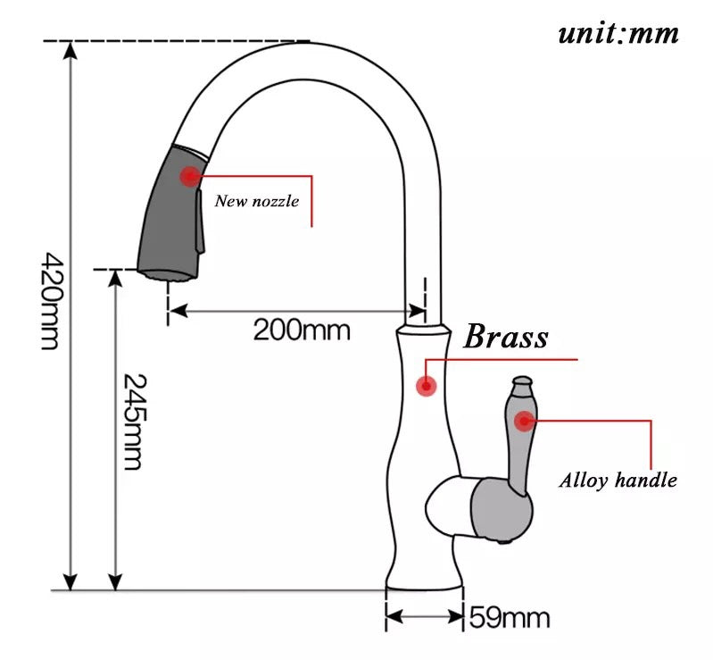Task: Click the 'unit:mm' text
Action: (618, 34)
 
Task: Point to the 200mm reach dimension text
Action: (302, 330)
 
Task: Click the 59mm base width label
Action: (509, 617)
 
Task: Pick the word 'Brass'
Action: (506, 338)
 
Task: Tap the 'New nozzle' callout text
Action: (256, 202)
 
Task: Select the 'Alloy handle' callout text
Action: (618, 480)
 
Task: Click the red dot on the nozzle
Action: (189, 176)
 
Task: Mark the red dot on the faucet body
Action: (427, 387)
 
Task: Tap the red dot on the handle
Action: (522, 416)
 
